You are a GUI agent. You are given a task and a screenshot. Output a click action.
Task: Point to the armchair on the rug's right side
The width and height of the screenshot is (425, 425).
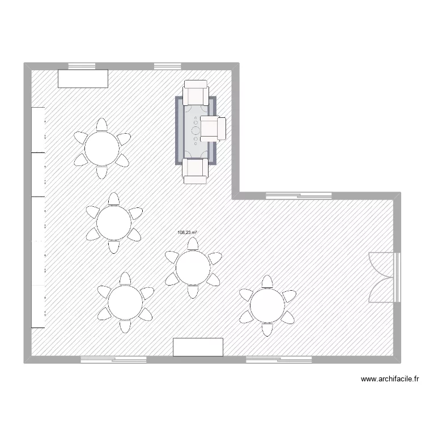[x=214, y=129]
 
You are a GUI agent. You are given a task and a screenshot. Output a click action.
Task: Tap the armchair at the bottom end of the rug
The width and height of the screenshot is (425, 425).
[x=196, y=171]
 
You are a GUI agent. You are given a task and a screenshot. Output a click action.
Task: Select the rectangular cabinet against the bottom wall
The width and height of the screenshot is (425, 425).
[x=198, y=347]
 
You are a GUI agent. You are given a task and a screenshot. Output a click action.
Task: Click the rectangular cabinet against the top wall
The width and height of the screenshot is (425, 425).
[x=83, y=79]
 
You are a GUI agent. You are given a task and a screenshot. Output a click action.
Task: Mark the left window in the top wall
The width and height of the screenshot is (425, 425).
[x=81, y=66]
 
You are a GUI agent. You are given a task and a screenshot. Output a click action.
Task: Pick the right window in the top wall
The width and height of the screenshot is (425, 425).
[x=167, y=66]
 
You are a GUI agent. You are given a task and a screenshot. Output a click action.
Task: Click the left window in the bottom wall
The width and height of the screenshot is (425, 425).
[x=113, y=359]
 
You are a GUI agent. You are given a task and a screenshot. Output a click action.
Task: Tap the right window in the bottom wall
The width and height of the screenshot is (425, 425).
[x=278, y=359]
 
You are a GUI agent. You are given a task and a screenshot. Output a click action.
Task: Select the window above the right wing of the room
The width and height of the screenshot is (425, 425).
[x=299, y=196]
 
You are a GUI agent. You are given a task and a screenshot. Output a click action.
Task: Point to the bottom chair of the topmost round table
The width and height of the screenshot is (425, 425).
[x=101, y=172]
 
